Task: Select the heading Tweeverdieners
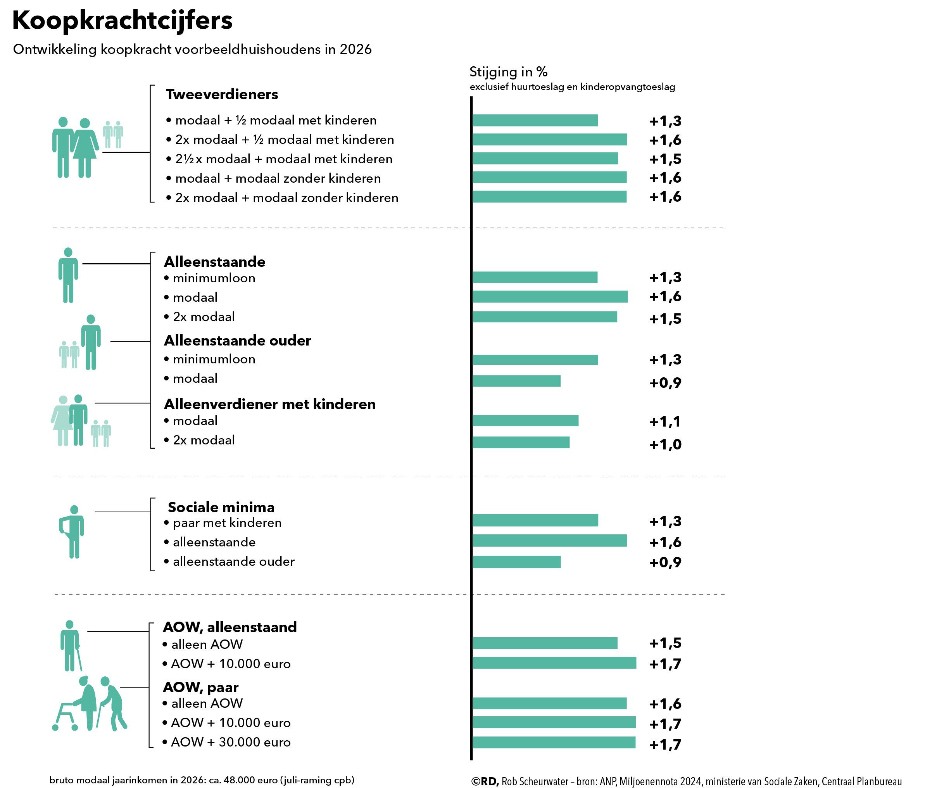(222, 94)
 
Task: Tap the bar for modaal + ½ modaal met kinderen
(535, 120)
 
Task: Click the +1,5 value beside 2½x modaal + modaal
(665, 159)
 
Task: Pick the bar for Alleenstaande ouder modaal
(516, 380)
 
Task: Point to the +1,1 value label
(665, 422)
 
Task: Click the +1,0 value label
(665, 444)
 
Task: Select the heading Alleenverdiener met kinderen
(270, 404)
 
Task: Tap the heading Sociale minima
(221, 507)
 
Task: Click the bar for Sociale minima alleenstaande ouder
(516, 562)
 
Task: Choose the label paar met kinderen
(227, 523)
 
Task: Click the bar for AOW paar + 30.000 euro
(554, 743)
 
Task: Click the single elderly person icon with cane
(70, 645)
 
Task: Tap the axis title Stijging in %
(508, 72)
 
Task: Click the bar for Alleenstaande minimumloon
(535, 277)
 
